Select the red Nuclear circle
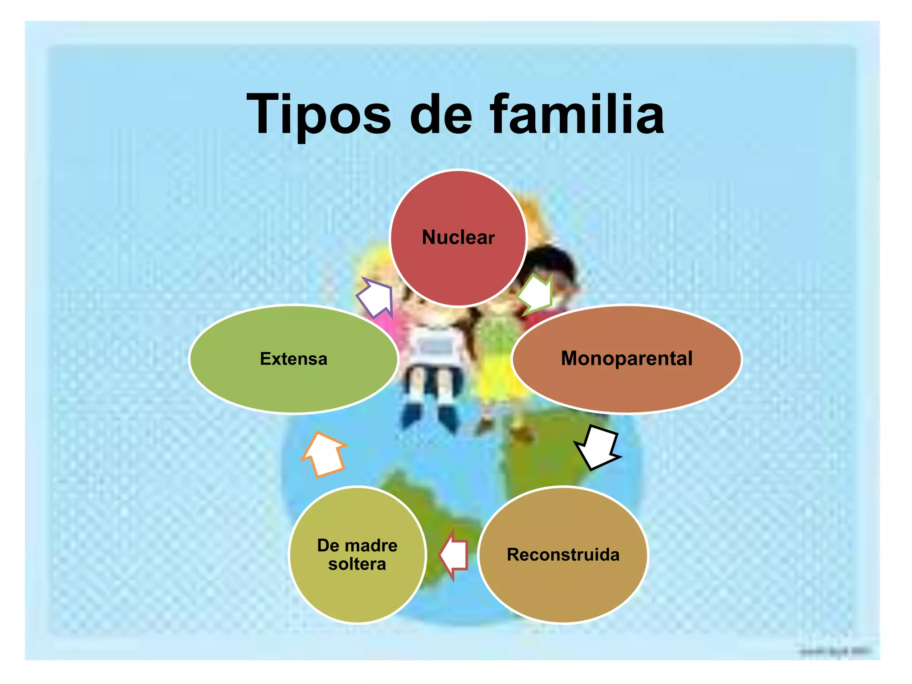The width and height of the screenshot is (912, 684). coord(458,267)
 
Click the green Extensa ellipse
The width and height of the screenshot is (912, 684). coord(293,383)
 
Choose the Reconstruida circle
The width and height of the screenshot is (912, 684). coord(563,583)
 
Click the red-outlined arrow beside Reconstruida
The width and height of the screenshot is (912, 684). coord(454,555)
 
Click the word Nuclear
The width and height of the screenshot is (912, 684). coord(458,237)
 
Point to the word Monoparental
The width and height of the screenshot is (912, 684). coord(627,358)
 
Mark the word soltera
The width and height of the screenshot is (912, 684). coord(357,564)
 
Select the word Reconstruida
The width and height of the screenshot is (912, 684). coord(563,555)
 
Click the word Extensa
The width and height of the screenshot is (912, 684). coord(293,359)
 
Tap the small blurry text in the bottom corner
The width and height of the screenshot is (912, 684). coord(835,652)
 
